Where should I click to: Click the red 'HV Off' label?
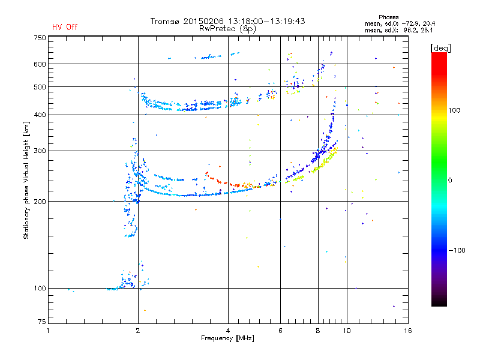coord(65,27)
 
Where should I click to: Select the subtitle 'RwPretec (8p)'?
coord(227,29)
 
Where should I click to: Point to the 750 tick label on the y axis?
coord(40,38)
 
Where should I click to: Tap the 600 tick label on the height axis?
coord(40,64)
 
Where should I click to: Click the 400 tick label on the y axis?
coord(40,115)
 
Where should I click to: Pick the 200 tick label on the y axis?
coord(40,202)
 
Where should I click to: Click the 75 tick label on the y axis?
coord(42,322)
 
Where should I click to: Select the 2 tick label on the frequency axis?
coord(138,331)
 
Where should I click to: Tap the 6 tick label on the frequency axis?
coord(280,331)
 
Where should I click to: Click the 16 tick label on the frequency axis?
coord(408,331)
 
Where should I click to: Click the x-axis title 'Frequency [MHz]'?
coord(227,338)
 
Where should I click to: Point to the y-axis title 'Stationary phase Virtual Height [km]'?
coord(26,180)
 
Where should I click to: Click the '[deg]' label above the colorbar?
coord(440,48)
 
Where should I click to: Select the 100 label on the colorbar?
coord(454,110)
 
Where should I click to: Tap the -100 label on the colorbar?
coord(457,250)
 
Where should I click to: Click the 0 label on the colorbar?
coord(450,180)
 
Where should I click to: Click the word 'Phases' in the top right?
coord(388,17)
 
